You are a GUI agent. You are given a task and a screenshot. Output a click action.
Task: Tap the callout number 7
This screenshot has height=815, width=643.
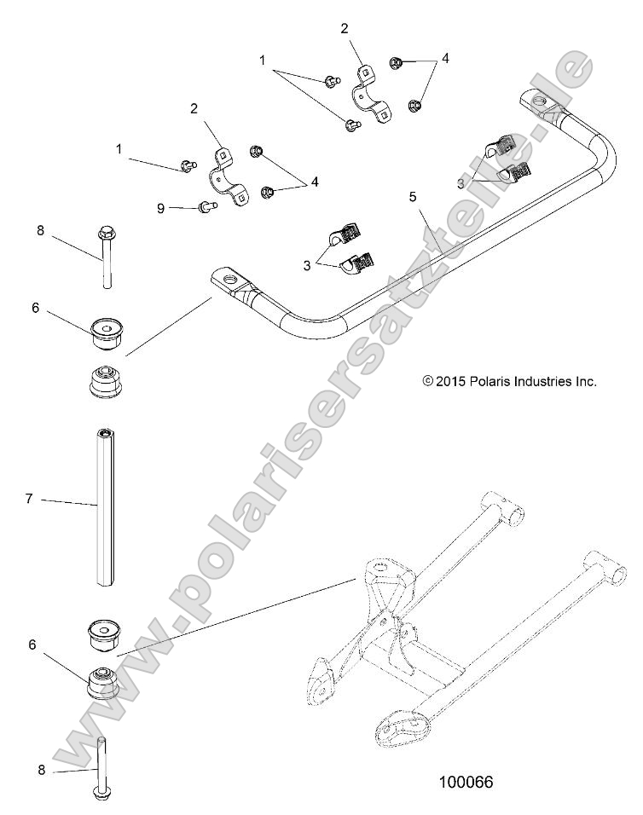point(29,499)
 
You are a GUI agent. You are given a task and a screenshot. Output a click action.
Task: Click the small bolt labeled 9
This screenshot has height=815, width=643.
point(206,205)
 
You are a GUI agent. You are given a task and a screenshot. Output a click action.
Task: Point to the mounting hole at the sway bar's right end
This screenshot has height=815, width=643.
point(538,103)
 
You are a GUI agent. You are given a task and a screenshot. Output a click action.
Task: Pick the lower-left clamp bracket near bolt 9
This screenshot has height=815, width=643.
point(227,176)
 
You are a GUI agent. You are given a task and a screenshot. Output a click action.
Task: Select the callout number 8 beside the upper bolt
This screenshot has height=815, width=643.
point(39,230)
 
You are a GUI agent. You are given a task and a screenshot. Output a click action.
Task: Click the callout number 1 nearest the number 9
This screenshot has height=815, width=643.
point(119,149)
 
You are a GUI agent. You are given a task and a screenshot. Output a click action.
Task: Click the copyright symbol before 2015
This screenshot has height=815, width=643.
point(428,382)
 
